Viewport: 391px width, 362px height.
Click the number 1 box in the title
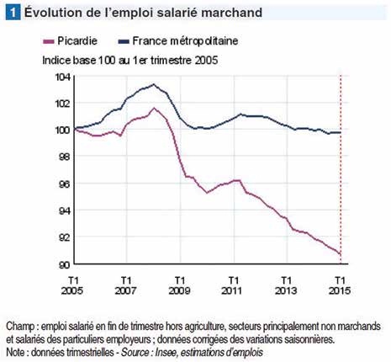pos(12,13)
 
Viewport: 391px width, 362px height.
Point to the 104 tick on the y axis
pos(62,77)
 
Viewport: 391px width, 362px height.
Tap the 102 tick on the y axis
pos(62,104)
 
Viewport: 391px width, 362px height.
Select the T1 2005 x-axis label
pos(75,284)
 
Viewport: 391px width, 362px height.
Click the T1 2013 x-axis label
pos(287,284)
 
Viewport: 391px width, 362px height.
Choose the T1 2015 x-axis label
pos(340,284)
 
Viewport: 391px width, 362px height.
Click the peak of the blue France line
pos(154,84)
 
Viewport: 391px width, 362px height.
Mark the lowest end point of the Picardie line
pos(339,253)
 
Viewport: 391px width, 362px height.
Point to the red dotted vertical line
pos(340,168)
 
